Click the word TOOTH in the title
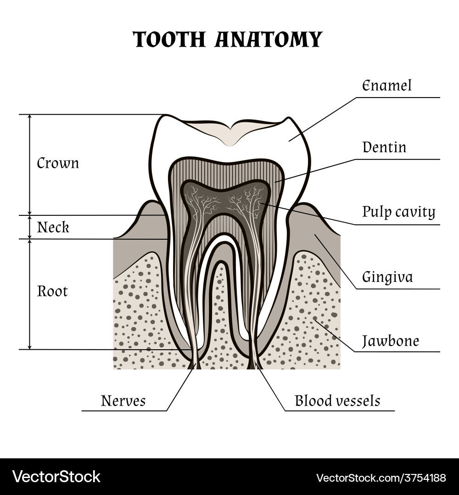pos(169,40)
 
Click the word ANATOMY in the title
pos(269,40)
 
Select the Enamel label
pos(386,86)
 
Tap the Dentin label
pos(384,148)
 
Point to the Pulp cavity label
pos(398,212)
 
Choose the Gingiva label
pos(387,277)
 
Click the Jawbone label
pos(390,341)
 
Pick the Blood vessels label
pos(337,401)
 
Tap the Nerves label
pos(123,401)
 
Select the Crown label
pos(58,163)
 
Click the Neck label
pos(53,227)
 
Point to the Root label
pos(52,291)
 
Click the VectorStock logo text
pos(56,477)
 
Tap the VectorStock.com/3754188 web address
pos(381,478)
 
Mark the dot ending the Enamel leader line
pos(289,140)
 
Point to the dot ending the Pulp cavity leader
pos(260,203)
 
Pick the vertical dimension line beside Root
pos(30,293)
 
